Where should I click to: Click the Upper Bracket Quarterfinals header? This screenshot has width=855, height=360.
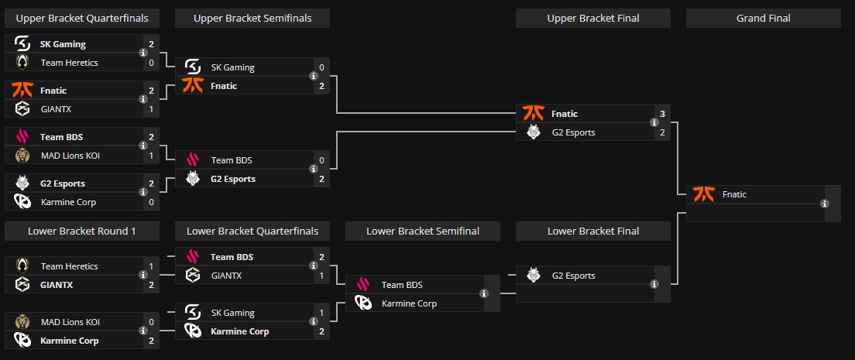click(82, 18)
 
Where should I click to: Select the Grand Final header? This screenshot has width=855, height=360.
click(763, 18)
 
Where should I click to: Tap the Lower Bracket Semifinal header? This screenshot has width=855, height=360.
click(422, 231)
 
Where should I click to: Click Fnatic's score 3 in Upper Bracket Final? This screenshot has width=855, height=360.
click(662, 114)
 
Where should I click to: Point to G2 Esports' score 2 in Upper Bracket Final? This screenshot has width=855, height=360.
click(662, 132)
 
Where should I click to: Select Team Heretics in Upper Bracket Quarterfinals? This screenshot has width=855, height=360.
click(69, 63)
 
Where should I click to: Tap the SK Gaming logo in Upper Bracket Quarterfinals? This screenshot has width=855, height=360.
click(22, 44)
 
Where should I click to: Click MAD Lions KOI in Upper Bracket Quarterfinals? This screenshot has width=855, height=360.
click(70, 156)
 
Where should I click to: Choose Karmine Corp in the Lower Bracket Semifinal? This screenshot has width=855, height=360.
click(409, 303)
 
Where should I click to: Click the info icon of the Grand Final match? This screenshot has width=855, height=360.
click(824, 204)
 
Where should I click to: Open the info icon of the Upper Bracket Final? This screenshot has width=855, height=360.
click(654, 123)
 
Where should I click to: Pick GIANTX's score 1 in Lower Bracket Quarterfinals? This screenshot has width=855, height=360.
click(321, 276)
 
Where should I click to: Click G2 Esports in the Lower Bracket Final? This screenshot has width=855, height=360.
click(574, 276)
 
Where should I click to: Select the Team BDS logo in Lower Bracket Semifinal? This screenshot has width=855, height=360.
click(363, 285)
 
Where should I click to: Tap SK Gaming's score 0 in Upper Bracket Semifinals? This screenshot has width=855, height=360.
click(321, 67)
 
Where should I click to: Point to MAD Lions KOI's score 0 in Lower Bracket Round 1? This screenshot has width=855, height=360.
click(151, 322)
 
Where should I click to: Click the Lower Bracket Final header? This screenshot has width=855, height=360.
click(592, 231)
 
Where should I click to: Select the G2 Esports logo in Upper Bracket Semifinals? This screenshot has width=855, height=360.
click(193, 179)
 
